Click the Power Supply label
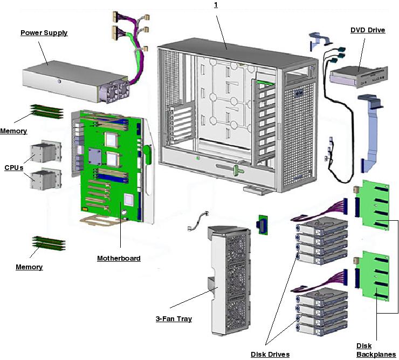(44, 33)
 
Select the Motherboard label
(119, 259)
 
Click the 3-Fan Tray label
(174, 318)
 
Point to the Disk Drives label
(270, 354)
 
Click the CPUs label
(13, 168)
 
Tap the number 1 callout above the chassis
(216, 4)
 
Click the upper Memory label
(13, 131)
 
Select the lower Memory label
(29, 267)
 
